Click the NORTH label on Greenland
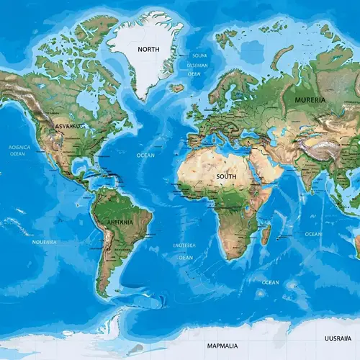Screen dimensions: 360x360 pyautogui.click(x=148, y=49)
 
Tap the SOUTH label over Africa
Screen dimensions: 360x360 pyautogui.click(x=226, y=176)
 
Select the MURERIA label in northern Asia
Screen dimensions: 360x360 pyautogui.click(x=310, y=100)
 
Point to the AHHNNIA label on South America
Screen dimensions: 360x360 pyautogui.click(x=120, y=222)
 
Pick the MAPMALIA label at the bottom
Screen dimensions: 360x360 pyautogui.click(x=222, y=346)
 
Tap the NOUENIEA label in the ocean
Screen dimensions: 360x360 pyautogui.click(x=45, y=242)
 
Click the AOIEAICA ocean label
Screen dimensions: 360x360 pyautogui.click(x=19, y=147)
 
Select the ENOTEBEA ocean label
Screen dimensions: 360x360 pyautogui.click(x=184, y=246)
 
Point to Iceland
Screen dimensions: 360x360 pyautogui.click(x=176, y=88)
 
